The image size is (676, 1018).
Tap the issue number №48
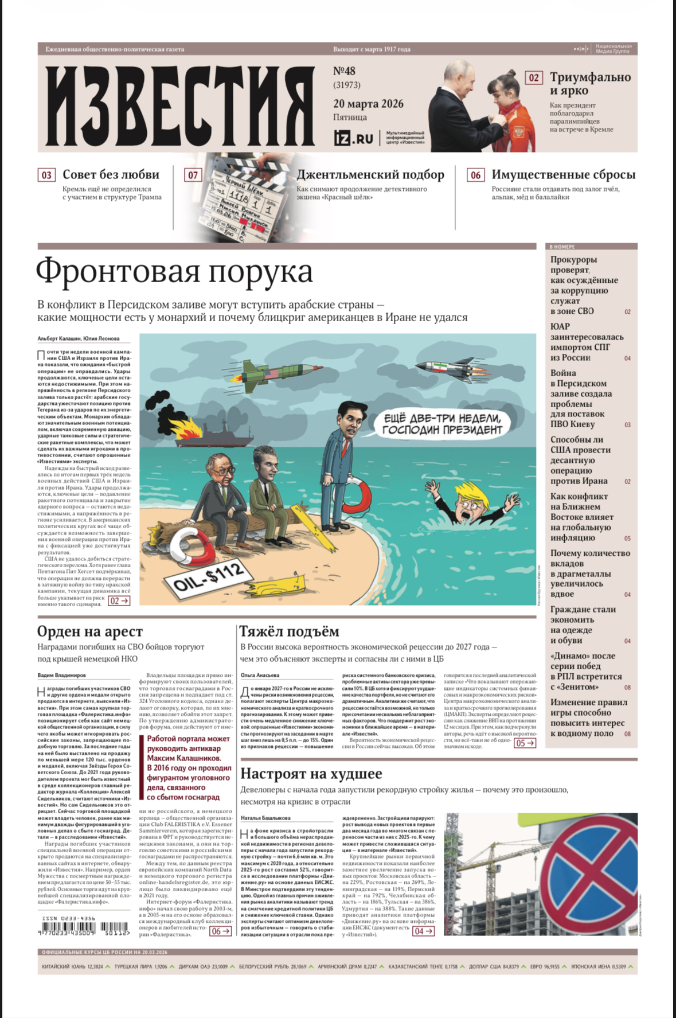click(344, 71)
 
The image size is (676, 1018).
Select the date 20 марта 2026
click(368, 104)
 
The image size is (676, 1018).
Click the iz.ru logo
click(353, 138)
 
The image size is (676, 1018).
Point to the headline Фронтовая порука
click(174, 271)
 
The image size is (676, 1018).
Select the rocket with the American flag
click(275, 372)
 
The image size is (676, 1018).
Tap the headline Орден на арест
click(90, 631)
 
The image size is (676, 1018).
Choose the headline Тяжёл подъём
click(289, 631)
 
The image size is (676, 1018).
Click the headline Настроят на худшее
click(311, 774)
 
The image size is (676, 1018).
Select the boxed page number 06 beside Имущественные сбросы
click(475, 175)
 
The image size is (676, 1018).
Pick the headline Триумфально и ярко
click(590, 84)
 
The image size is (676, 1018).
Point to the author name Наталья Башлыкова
click(265, 818)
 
